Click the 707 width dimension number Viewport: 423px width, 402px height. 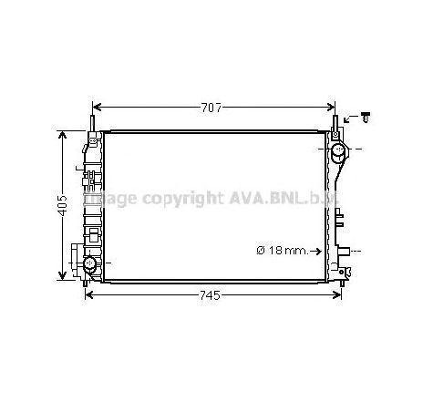coord(211,108)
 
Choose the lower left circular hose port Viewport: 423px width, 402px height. coord(90,265)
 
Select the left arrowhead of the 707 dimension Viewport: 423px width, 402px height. coord(96,108)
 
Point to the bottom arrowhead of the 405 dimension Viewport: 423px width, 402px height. coord(63,276)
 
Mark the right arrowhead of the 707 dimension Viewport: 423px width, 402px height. coord(330,108)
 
